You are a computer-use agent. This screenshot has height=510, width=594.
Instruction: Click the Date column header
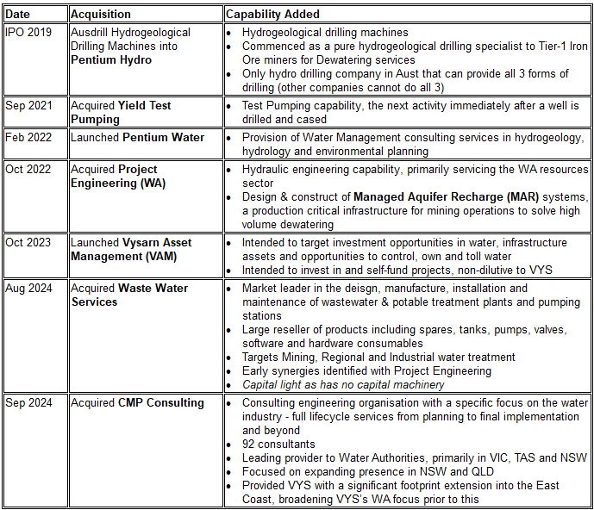click(18, 14)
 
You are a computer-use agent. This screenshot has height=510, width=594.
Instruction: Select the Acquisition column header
click(101, 14)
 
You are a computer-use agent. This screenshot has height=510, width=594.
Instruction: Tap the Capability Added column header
click(272, 14)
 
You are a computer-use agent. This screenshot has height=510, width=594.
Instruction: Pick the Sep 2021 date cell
click(29, 106)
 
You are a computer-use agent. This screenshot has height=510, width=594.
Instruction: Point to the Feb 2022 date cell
click(29, 138)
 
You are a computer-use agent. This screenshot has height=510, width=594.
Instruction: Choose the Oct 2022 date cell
click(28, 170)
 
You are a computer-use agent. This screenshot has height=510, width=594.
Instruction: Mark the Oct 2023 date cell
click(28, 243)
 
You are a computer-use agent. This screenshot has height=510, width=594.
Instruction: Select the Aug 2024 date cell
click(29, 289)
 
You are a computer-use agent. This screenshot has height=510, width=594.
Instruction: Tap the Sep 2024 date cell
click(29, 403)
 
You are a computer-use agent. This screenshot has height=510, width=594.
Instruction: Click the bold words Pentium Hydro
click(111, 60)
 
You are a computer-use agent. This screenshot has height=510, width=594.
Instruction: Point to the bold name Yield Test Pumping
click(121, 113)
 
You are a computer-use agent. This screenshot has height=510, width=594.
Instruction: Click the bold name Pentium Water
click(164, 138)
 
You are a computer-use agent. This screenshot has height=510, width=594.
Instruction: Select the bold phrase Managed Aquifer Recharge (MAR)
click(442, 197)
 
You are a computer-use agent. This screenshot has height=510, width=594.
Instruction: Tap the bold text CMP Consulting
click(161, 403)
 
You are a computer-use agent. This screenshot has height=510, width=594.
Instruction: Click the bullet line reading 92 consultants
click(278, 445)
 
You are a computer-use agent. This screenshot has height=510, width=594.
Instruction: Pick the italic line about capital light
click(343, 385)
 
